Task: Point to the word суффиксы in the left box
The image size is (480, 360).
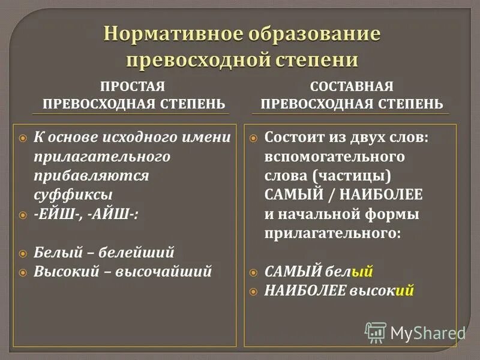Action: [x=73, y=194]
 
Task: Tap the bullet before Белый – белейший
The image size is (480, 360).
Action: [x=23, y=253]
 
